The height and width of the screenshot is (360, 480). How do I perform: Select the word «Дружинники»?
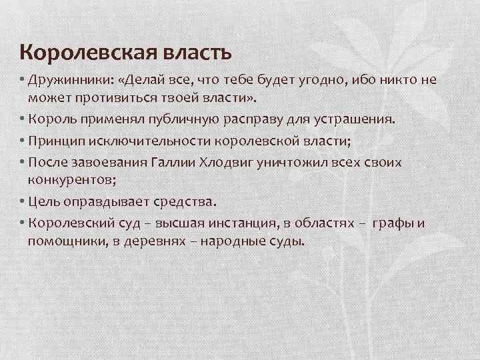tap(64, 81)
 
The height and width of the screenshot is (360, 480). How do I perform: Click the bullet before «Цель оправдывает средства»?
tap(22, 201)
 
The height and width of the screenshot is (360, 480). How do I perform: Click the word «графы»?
tap(394, 223)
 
